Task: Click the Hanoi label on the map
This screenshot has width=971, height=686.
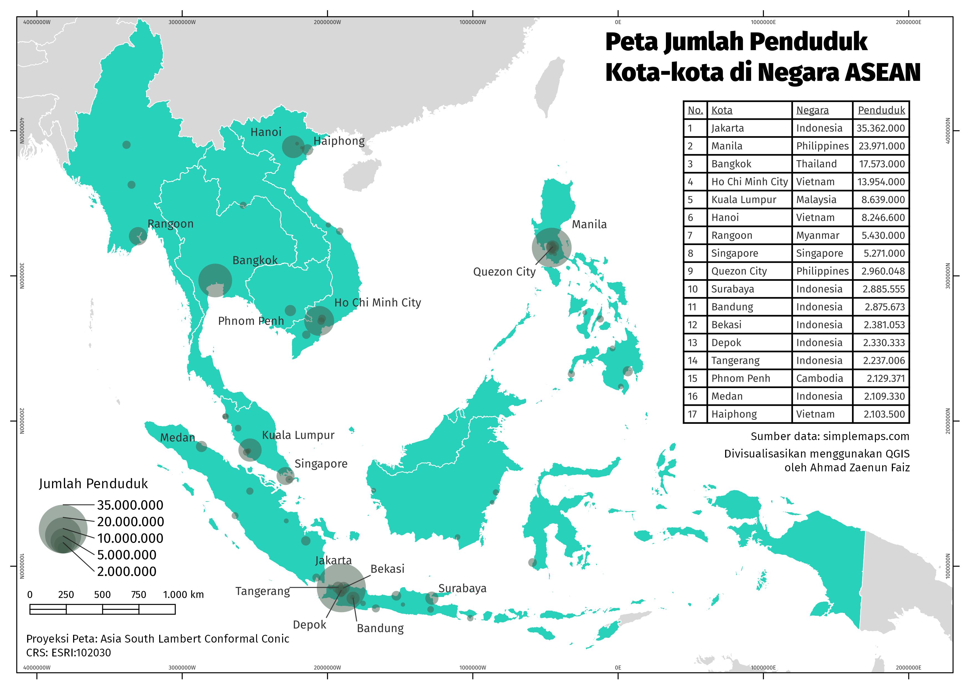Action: tap(266, 132)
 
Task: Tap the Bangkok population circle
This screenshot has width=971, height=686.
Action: tap(215, 280)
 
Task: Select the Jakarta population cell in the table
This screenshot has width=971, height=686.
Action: tap(880, 128)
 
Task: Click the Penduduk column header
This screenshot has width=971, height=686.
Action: tap(881, 110)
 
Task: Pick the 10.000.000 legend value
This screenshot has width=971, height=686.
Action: tap(130, 538)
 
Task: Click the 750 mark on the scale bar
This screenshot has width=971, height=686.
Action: tap(139, 595)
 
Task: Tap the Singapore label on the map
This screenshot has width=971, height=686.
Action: tap(321, 464)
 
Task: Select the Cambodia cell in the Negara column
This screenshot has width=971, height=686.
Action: tap(819, 378)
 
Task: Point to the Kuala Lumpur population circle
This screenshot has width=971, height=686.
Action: tap(249, 450)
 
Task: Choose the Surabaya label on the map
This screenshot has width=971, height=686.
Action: tap(462, 588)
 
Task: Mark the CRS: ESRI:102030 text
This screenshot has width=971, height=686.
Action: tap(68, 653)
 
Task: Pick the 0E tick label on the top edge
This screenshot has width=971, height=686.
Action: tap(618, 22)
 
